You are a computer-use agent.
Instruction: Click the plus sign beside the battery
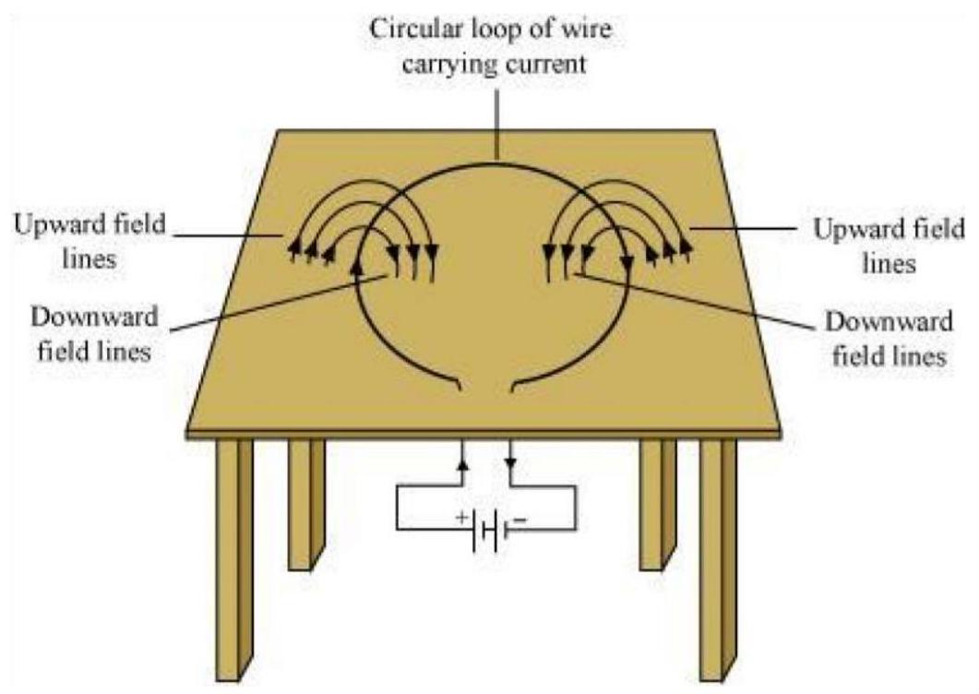(x=460, y=519)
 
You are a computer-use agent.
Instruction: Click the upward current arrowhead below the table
(x=462, y=458)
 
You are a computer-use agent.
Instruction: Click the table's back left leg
(x=305, y=503)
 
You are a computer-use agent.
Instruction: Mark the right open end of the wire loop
(x=513, y=389)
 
